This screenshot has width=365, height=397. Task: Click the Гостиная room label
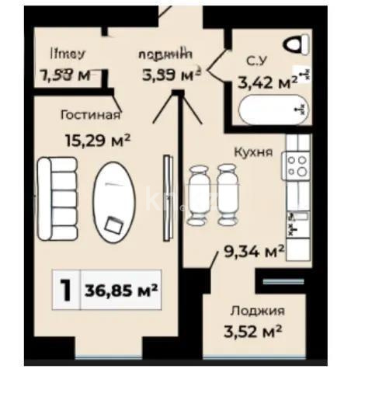click(90, 116)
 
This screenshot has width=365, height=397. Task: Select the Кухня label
click(255, 152)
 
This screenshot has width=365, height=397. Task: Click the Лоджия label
click(257, 311)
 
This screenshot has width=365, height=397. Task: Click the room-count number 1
click(67, 290)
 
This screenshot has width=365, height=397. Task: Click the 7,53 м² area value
click(64, 75)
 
